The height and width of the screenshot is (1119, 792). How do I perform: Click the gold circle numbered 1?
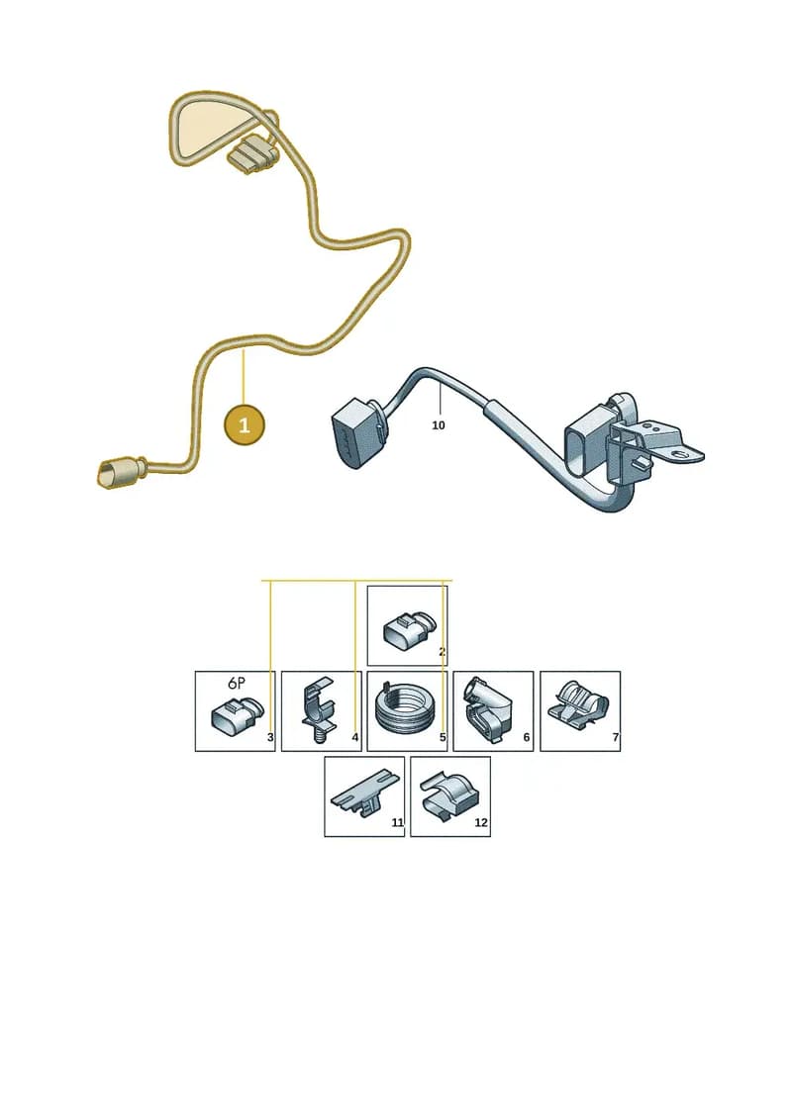point(245,425)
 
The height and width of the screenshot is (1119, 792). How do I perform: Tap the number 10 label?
point(439,425)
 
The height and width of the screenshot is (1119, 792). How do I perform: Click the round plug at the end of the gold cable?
point(113,475)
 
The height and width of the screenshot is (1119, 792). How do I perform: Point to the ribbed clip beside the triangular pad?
point(252,155)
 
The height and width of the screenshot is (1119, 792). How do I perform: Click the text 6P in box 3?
point(237,683)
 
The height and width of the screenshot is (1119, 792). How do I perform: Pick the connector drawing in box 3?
point(237,715)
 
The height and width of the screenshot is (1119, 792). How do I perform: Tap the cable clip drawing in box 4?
point(319,710)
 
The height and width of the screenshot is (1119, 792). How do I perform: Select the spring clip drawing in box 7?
point(577,704)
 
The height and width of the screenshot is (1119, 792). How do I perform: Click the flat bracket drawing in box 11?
point(361,793)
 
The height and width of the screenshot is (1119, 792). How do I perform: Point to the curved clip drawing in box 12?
point(447,796)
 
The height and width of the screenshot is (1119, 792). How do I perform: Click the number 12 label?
point(481,823)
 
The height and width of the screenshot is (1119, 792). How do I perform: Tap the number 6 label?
point(527,737)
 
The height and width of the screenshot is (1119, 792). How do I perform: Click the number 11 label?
point(398,823)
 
